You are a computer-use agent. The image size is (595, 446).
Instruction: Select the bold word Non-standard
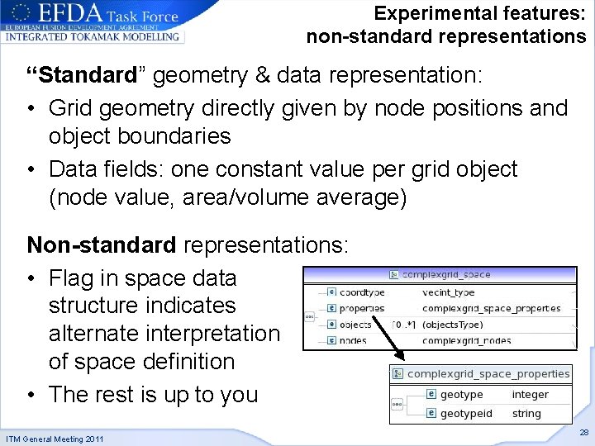click(102, 245)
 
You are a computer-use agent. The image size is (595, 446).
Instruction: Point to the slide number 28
click(583, 432)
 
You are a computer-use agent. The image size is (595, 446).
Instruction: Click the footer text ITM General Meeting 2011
click(55, 439)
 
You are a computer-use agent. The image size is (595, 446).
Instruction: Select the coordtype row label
click(361, 292)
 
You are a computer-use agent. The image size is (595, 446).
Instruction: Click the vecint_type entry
click(449, 292)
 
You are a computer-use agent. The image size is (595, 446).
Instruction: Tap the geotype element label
click(461, 395)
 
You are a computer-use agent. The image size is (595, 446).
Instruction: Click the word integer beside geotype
click(530, 395)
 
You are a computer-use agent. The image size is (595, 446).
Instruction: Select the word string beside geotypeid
click(526, 413)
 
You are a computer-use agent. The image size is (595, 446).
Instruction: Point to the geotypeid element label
click(466, 413)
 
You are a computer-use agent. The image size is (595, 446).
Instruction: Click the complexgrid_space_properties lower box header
click(488, 373)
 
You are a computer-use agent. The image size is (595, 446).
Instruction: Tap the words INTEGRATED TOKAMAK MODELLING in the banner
click(93, 36)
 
